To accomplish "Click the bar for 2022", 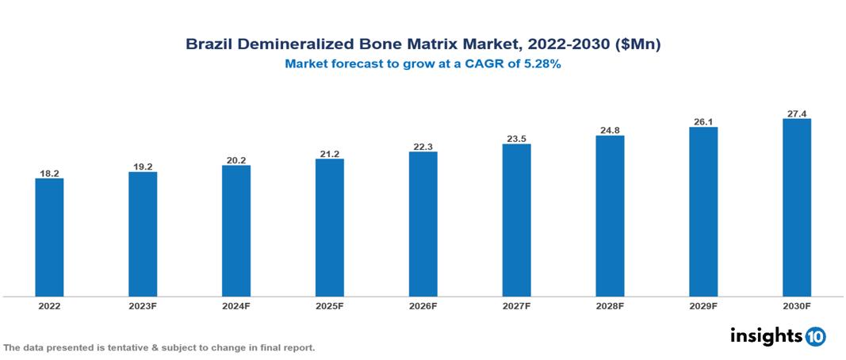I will click(x=49, y=237).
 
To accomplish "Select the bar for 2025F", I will click(x=329, y=228).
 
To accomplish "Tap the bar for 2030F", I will click(x=796, y=208).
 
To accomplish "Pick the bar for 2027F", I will click(x=516, y=220).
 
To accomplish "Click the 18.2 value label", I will click(x=49, y=172).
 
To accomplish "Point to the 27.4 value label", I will click(x=796, y=113).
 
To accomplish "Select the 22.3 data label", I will click(x=423, y=146).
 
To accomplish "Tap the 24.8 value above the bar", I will click(x=610, y=129).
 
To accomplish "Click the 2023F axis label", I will click(x=143, y=305).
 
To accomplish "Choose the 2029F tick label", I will click(x=703, y=305).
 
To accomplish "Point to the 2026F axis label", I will click(x=423, y=305).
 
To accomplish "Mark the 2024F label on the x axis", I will click(x=236, y=305).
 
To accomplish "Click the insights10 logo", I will click(x=777, y=335).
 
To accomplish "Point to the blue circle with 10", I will click(x=815, y=336).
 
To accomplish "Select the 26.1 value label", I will click(x=703, y=121).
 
